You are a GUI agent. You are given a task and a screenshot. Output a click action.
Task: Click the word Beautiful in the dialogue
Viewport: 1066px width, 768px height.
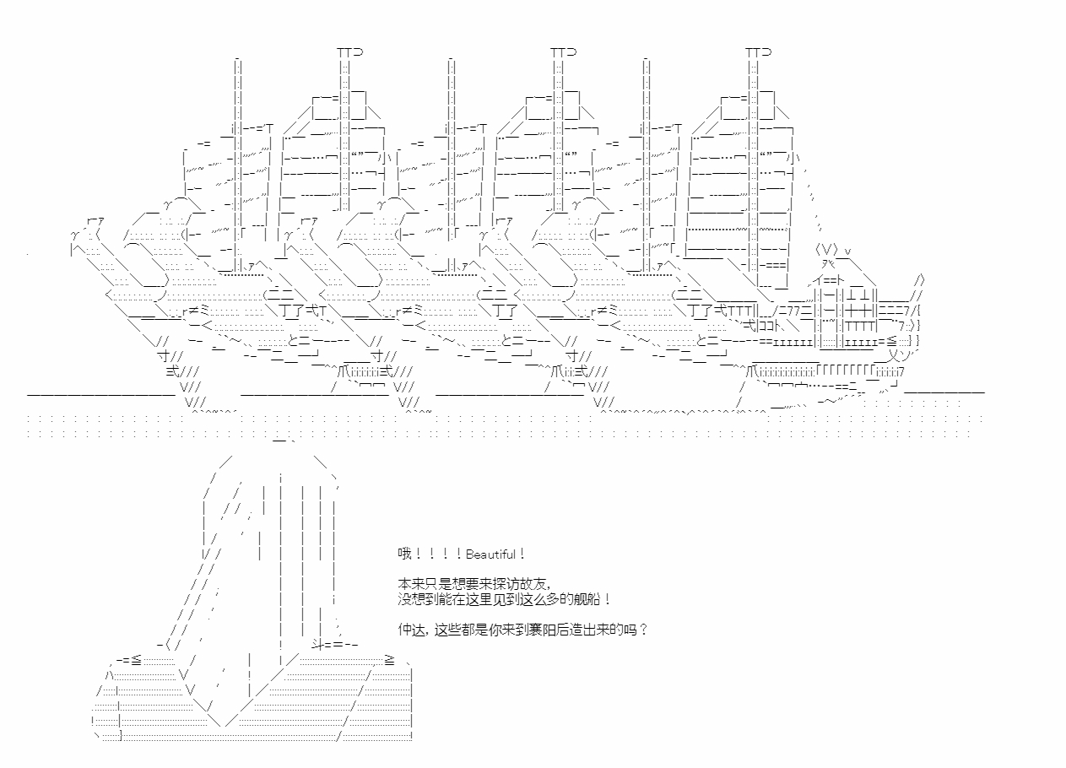click(x=490, y=554)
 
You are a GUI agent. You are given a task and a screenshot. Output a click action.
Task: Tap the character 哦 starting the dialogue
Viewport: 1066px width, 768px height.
click(x=404, y=554)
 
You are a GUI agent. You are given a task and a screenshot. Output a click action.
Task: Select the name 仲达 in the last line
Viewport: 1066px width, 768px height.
click(x=411, y=630)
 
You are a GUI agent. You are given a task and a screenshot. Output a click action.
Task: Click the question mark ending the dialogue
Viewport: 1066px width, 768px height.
click(x=643, y=630)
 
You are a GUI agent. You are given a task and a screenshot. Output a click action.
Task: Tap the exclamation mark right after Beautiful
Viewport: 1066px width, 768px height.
click(x=522, y=554)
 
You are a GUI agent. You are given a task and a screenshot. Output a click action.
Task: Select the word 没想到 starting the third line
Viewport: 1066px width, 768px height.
click(x=417, y=599)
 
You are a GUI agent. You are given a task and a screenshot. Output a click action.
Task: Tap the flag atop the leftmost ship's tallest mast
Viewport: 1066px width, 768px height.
click(x=350, y=51)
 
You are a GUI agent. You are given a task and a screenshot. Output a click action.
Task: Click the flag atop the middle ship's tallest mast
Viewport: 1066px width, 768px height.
click(x=564, y=51)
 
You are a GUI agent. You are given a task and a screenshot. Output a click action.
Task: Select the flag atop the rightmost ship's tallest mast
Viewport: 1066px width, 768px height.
click(x=759, y=51)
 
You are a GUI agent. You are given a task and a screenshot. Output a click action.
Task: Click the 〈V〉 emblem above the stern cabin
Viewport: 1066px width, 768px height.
click(x=825, y=249)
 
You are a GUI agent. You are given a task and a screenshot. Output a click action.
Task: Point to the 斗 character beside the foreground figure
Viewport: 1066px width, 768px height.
click(x=317, y=645)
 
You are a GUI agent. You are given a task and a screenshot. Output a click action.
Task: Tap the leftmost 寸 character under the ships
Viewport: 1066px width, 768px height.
click(x=163, y=355)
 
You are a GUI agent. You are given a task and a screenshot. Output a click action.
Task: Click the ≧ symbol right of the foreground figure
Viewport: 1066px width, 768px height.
click(x=390, y=660)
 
